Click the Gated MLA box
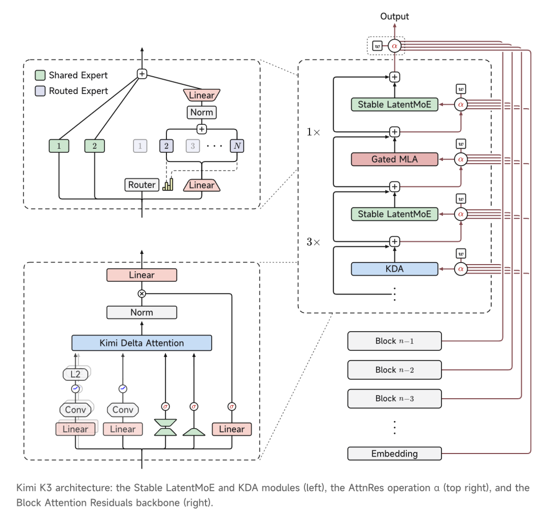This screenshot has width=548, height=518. pyautogui.click(x=394, y=159)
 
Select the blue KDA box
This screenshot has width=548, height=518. pyautogui.click(x=394, y=269)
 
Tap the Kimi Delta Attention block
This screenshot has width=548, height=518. pyautogui.click(x=142, y=343)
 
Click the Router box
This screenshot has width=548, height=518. pyautogui.click(x=142, y=185)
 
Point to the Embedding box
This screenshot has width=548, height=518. pyautogui.click(x=394, y=454)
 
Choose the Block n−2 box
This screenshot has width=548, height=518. pyautogui.click(x=394, y=370)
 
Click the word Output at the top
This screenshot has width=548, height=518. pyautogui.click(x=394, y=16)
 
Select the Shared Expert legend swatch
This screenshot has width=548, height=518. pyautogui.click(x=40, y=75)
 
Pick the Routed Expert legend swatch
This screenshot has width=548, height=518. pyautogui.click(x=40, y=91)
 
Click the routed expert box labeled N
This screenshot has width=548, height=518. pyautogui.click(x=237, y=146)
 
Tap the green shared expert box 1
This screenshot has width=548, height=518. pyautogui.click(x=59, y=146)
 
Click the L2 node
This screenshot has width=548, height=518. pyautogui.click(x=75, y=374)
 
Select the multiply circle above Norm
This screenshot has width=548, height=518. pyautogui.click(x=142, y=294)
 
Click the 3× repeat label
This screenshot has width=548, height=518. pyautogui.click(x=313, y=242)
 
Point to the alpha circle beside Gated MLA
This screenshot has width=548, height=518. pyautogui.click(x=461, y=159)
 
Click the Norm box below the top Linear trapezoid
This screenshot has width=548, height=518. pyautogui.click(x=201, y=112)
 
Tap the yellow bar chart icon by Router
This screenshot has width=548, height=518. pyautogui.click(x=168, y=184)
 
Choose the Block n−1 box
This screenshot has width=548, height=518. pyautogui.click(x=394, y=341)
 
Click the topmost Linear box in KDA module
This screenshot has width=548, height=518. pyautogui.click(x=142, y=275)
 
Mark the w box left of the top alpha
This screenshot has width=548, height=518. pyautogui.click(x=378, y=46)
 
